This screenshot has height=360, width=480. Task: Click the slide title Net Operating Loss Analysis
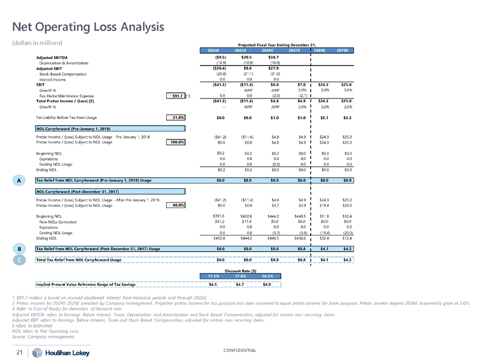(88, 26)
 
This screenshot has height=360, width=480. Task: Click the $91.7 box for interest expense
(175, 95)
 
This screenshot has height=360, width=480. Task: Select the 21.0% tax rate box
(175, 118)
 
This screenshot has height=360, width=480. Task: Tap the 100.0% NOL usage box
(175, 142)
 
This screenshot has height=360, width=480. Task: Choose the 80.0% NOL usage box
(175, 205)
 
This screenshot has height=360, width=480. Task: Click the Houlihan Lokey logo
(56, 352)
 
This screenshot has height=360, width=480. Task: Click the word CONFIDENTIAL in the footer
(239, 350)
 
